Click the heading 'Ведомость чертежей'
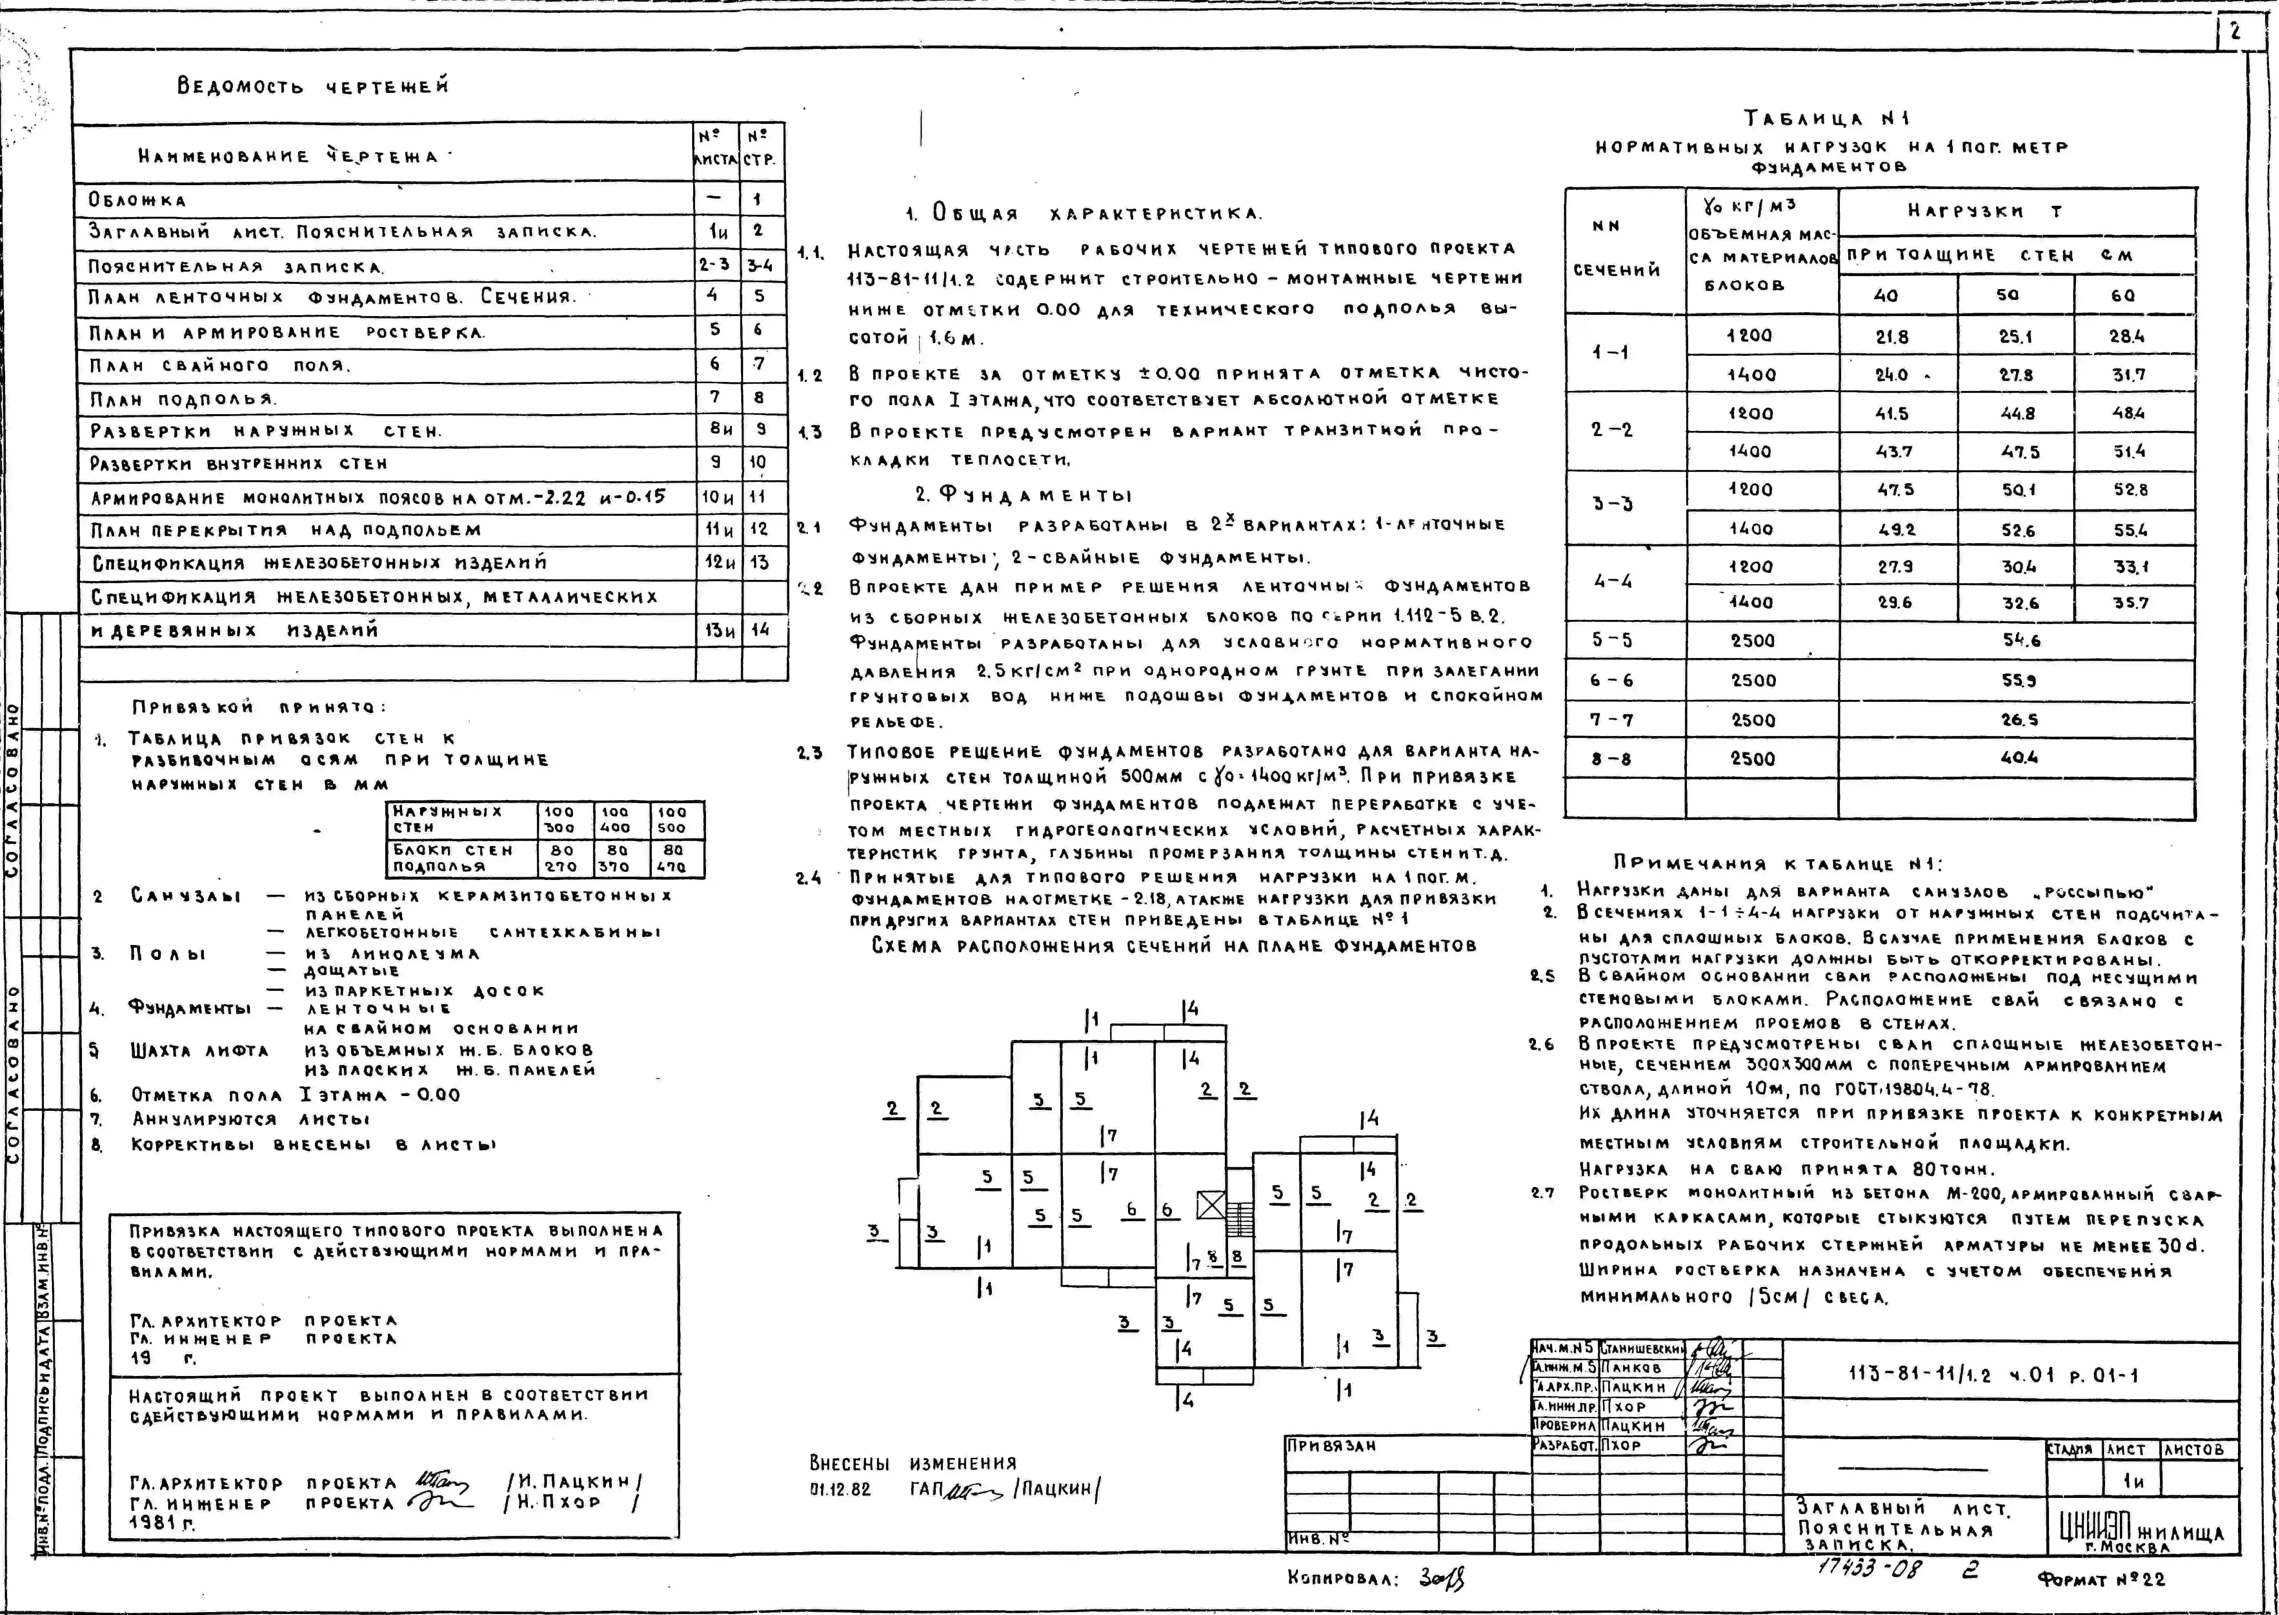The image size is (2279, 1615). click(x=312, y=86)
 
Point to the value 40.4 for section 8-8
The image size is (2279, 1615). click(x=2019, y=758)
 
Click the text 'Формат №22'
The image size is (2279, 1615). click(x=2101, y=1578)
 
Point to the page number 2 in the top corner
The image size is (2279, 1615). click(x=2234, y=31)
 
